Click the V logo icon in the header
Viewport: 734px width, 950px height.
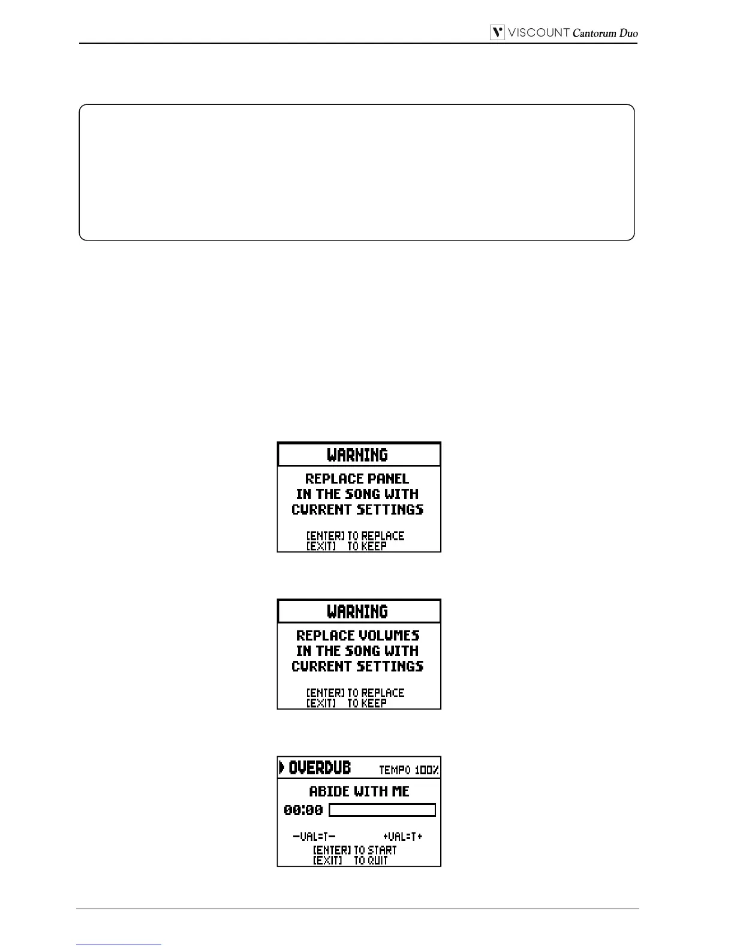(497, 33)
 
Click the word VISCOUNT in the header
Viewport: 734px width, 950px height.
(538, 33)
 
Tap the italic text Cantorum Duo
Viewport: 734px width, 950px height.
(604, 34)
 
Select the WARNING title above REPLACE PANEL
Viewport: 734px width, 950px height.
(357, 455)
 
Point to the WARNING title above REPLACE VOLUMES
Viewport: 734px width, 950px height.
(357, 612)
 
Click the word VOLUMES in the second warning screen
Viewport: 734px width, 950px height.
(389, 636)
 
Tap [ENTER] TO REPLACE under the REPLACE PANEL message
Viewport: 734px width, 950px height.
(355, 536)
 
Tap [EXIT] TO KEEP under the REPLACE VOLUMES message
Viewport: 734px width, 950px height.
(347, 703)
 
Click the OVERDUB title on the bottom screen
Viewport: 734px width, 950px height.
(320, 768)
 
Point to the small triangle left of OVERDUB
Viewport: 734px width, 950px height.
(282, 767)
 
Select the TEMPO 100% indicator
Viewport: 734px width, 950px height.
(408, 769)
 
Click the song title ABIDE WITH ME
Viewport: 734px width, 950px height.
(359, 792)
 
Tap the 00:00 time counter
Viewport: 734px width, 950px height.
(303, 810)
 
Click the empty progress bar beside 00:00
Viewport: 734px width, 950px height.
(382, 810)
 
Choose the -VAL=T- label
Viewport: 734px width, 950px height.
(314, 836)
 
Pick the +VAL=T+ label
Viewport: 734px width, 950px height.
(402, 836)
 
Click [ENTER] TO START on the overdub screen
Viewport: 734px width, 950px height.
(355, 850)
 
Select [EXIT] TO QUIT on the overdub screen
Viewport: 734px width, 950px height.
(350, 861)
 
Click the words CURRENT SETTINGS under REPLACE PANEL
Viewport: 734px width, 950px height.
(357, 510)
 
